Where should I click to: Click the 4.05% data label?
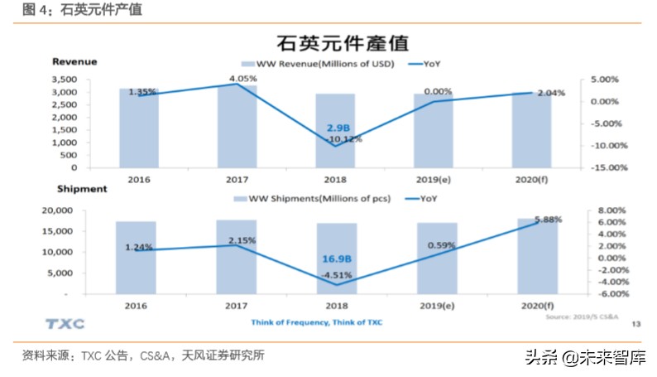pos(243,79)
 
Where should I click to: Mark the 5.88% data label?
pos(549,220)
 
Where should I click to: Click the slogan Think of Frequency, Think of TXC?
pos(317,321)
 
